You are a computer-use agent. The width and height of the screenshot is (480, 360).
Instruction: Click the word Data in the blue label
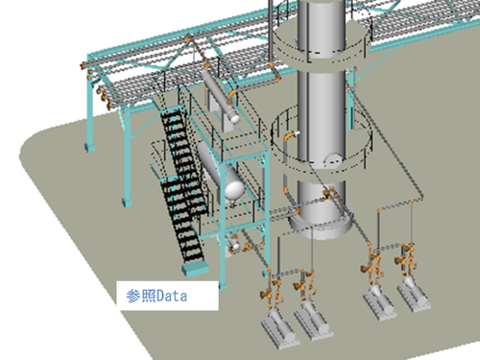[172, 296]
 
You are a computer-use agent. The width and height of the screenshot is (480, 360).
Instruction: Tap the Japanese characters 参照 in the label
[141, 296]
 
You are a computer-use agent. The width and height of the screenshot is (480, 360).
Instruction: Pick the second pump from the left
[313, 321]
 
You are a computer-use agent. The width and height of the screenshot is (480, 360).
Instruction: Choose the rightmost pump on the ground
[414, 295]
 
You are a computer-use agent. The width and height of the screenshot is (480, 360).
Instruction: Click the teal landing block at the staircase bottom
[195, 269]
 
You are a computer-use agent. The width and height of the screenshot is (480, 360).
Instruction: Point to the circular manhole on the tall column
[333, 160]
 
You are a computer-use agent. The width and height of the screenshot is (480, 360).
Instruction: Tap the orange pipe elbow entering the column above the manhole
[290, 136]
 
